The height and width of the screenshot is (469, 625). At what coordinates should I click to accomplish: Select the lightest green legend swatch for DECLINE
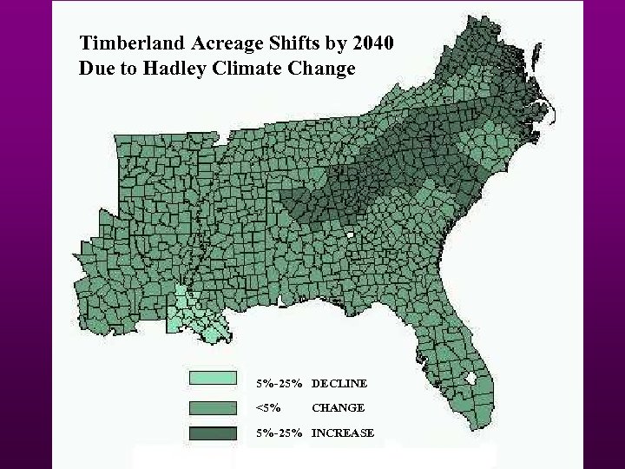pyautogui.click(x=213, y=378)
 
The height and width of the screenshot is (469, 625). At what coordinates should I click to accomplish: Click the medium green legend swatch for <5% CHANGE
pyautogui.click(x=213, y=407)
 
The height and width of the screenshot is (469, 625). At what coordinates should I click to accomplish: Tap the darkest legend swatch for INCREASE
pyautogui.click(x=213, y=433)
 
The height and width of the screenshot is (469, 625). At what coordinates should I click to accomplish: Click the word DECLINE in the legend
pyautogui.click(x=339, y=383)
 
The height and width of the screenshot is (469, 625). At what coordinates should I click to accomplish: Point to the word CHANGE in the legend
pyautogui.click(x=338, y=407)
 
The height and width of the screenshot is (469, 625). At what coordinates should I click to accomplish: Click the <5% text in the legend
pyautogui.click(x=267, y=407)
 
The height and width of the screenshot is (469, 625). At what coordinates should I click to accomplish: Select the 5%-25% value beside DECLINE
pyautogui.click(x=279, y=383)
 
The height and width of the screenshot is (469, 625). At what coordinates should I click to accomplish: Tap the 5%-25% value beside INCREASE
pyautogui.click(x=279, y=433)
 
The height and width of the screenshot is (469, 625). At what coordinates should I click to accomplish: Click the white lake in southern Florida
pyautogui.click(x=472, y=379)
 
